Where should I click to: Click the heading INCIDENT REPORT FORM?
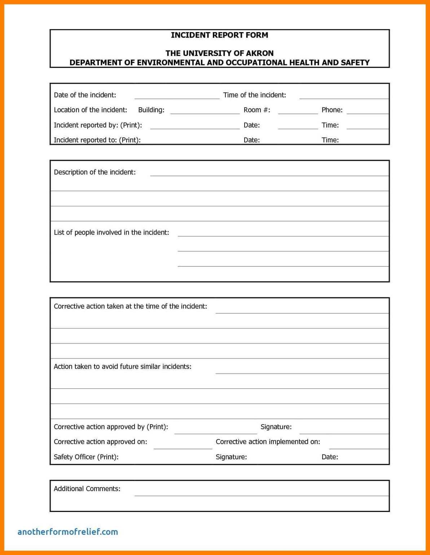[219, 35]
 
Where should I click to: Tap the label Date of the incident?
[85, 95]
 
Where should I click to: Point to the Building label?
[151, 110]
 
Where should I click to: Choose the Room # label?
[256, 110]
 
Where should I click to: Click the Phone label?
[332, 110]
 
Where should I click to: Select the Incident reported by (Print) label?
[98, 125]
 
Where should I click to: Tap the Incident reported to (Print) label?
[97, 140]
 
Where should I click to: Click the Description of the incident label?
[95, 172]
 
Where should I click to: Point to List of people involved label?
[111, 232]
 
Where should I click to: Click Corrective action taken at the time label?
[130, 306]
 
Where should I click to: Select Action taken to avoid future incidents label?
[122, 366]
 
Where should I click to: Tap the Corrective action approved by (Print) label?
[111, 427]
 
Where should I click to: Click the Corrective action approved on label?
[100, 442]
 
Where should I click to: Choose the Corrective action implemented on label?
[268, 442]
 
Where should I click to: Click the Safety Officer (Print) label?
[86, 457]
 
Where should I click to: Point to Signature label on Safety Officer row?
[231, 457]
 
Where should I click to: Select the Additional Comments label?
[87, 489]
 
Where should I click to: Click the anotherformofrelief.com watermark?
[67, 532]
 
